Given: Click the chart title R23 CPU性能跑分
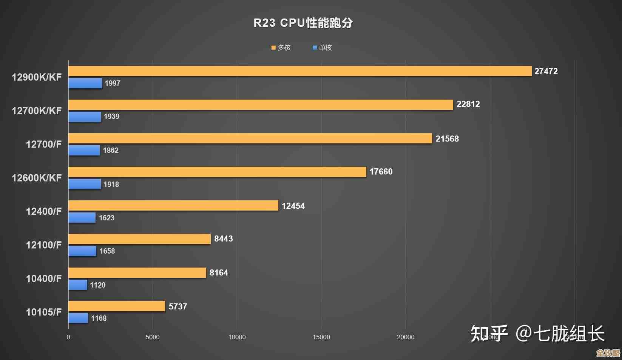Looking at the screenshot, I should coord(303,23).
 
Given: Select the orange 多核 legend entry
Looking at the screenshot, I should coord(281,48).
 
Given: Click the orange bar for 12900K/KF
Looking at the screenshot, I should coord(300,71).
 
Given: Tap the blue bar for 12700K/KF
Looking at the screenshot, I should coord(85,117).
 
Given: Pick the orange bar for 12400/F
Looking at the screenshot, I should coord(173,206).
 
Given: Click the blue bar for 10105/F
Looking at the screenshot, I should coord(78,318).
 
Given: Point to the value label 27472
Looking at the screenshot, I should coord(546,71).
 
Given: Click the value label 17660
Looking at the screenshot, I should coord(381,172).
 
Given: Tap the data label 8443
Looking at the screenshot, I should coord(223,239).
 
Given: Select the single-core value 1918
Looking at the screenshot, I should coord(111,184).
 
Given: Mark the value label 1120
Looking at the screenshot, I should coord(97,285).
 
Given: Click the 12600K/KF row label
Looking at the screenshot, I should coord(37,178).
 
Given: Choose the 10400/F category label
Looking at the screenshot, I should coord(43,278).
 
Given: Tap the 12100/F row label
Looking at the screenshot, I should coord(43,245).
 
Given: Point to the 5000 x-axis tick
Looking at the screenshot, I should coord(153,337).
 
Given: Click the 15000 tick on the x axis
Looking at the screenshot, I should coord(321,337).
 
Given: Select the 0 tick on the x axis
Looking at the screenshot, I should coord(68,337).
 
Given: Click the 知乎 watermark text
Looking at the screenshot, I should coord(489,334).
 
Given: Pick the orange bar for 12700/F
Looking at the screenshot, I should coord(250,138).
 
